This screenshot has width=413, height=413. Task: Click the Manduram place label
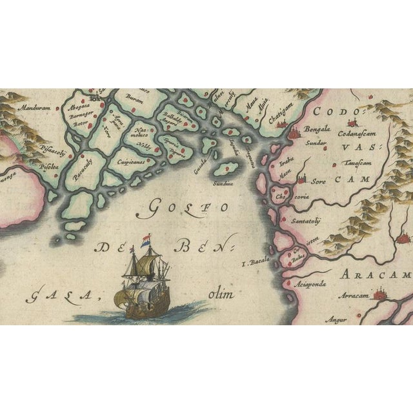point(35,109)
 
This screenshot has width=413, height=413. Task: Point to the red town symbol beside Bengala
point(294,133)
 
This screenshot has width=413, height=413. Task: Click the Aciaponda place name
point(306,282)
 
